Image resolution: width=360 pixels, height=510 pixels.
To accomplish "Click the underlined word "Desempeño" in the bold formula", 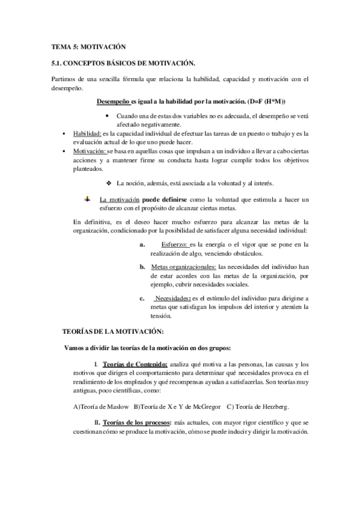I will pos(114,100).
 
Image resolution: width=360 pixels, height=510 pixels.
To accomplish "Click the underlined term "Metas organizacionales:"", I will pos(183,266).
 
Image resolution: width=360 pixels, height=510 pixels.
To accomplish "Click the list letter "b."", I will pos(142,266).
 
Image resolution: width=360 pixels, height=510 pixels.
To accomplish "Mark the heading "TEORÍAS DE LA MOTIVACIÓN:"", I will pos(113,331).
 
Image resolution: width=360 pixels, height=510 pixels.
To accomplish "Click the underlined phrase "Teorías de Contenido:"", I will pos(135,364).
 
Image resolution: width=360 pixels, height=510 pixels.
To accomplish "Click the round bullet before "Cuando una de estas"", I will pos(107,115).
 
